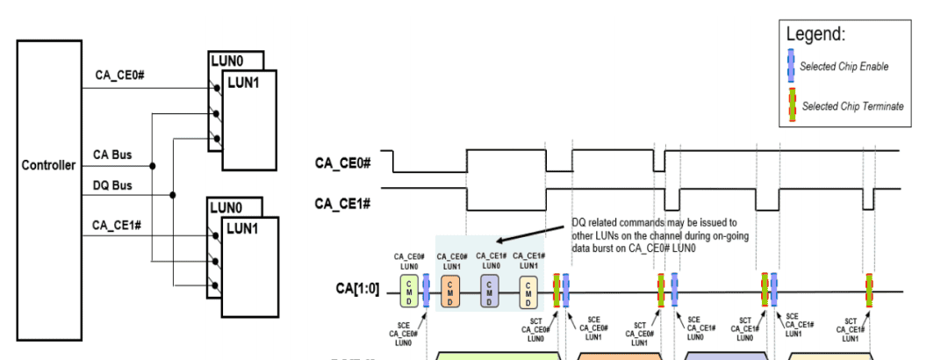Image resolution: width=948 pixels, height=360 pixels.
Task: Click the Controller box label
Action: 49,165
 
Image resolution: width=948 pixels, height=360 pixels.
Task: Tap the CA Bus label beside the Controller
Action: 112,155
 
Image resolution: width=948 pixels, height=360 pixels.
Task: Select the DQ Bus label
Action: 112,185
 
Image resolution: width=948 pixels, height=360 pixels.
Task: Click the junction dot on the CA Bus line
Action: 154,164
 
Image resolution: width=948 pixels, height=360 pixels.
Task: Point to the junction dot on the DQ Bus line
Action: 172,195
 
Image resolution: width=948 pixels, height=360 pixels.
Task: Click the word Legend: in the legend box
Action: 815,35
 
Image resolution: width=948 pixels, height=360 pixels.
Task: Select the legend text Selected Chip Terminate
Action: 852,106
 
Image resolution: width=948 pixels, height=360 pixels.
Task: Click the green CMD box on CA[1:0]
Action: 409,291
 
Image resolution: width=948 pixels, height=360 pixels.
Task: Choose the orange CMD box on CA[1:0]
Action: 449,291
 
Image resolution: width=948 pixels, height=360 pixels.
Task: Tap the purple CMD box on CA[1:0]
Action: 489,291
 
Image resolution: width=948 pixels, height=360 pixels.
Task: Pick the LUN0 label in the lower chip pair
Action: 226,208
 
